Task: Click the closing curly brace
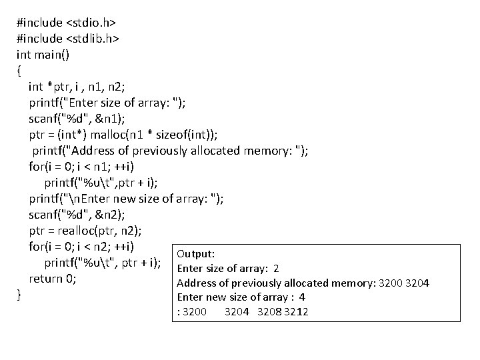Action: coord(19,294)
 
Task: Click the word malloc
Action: coord(115,134)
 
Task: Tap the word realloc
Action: coord(86,231)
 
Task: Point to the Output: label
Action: coord(195,254)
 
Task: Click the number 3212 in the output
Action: coord(295,311)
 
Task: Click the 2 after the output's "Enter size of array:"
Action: coord(275,269)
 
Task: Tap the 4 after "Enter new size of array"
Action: coord(302,297)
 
